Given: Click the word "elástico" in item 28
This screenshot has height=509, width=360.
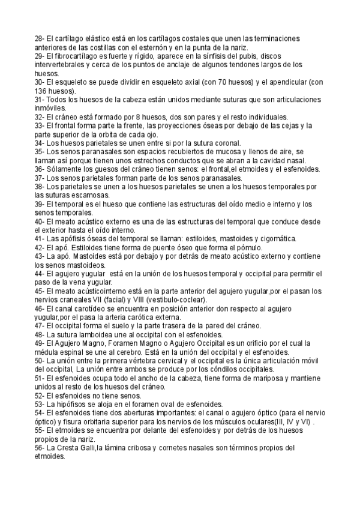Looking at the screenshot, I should click(x=94, y=38).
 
